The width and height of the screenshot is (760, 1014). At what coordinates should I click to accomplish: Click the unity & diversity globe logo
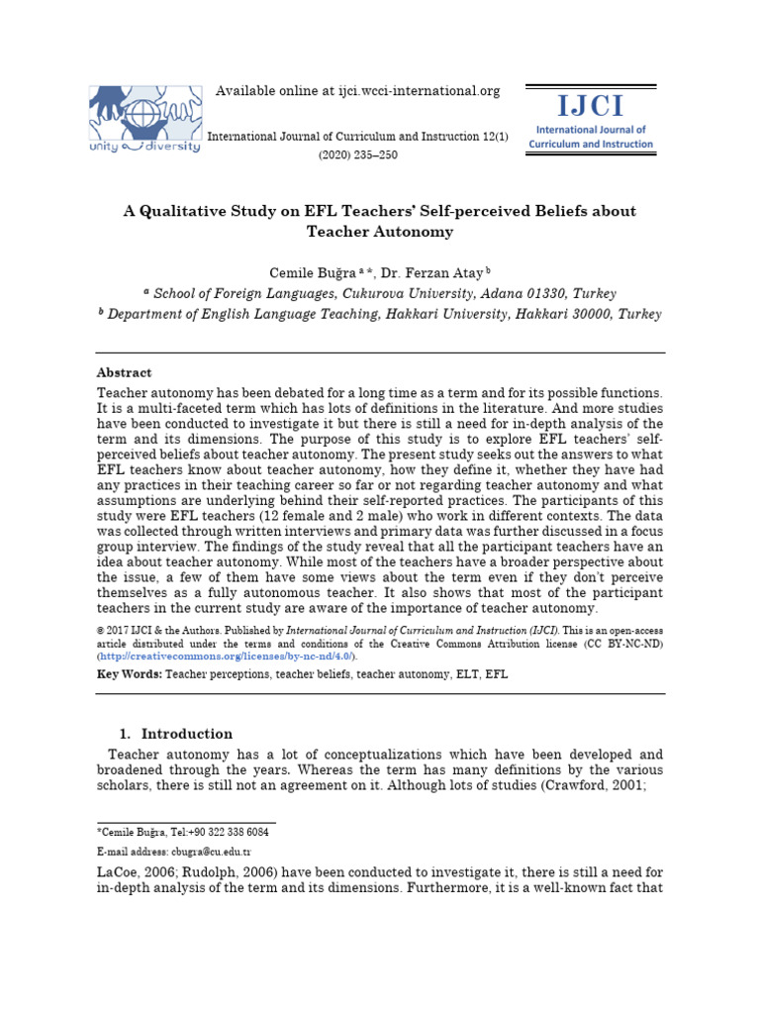[144, 117]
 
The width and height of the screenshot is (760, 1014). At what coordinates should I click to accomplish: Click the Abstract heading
[124, 373]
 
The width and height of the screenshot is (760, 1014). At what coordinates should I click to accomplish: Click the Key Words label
[129, 674]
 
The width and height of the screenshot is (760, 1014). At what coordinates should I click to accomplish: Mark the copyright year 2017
[119, 630]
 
